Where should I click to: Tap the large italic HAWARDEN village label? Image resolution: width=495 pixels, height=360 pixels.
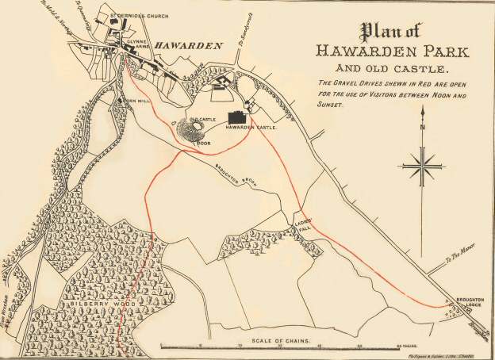click(188, 46)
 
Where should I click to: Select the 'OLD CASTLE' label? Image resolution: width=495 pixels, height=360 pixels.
click(202, 119)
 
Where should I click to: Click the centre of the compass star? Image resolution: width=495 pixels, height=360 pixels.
click(423, 167)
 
